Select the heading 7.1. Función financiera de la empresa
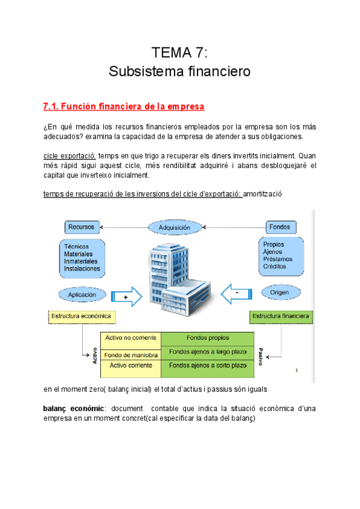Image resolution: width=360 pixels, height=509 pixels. tap(124, 107)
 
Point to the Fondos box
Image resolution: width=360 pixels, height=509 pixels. tap(280, 227)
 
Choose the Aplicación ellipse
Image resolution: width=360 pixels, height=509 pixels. tap(82, 295)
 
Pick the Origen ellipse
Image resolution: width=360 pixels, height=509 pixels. tap(280, 293)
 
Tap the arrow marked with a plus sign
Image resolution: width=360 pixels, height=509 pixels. tap(126, 297)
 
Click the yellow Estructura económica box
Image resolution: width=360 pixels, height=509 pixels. tap(82, 316)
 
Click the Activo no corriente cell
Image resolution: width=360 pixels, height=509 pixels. tap(131, 338)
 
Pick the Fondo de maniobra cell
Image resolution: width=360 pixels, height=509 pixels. tap(131, 355)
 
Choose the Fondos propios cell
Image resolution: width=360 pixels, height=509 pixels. tap(208, 338)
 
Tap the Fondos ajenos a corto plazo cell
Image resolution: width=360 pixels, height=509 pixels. tap(208, 365)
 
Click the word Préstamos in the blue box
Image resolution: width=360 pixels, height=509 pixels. tap(278, 259)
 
